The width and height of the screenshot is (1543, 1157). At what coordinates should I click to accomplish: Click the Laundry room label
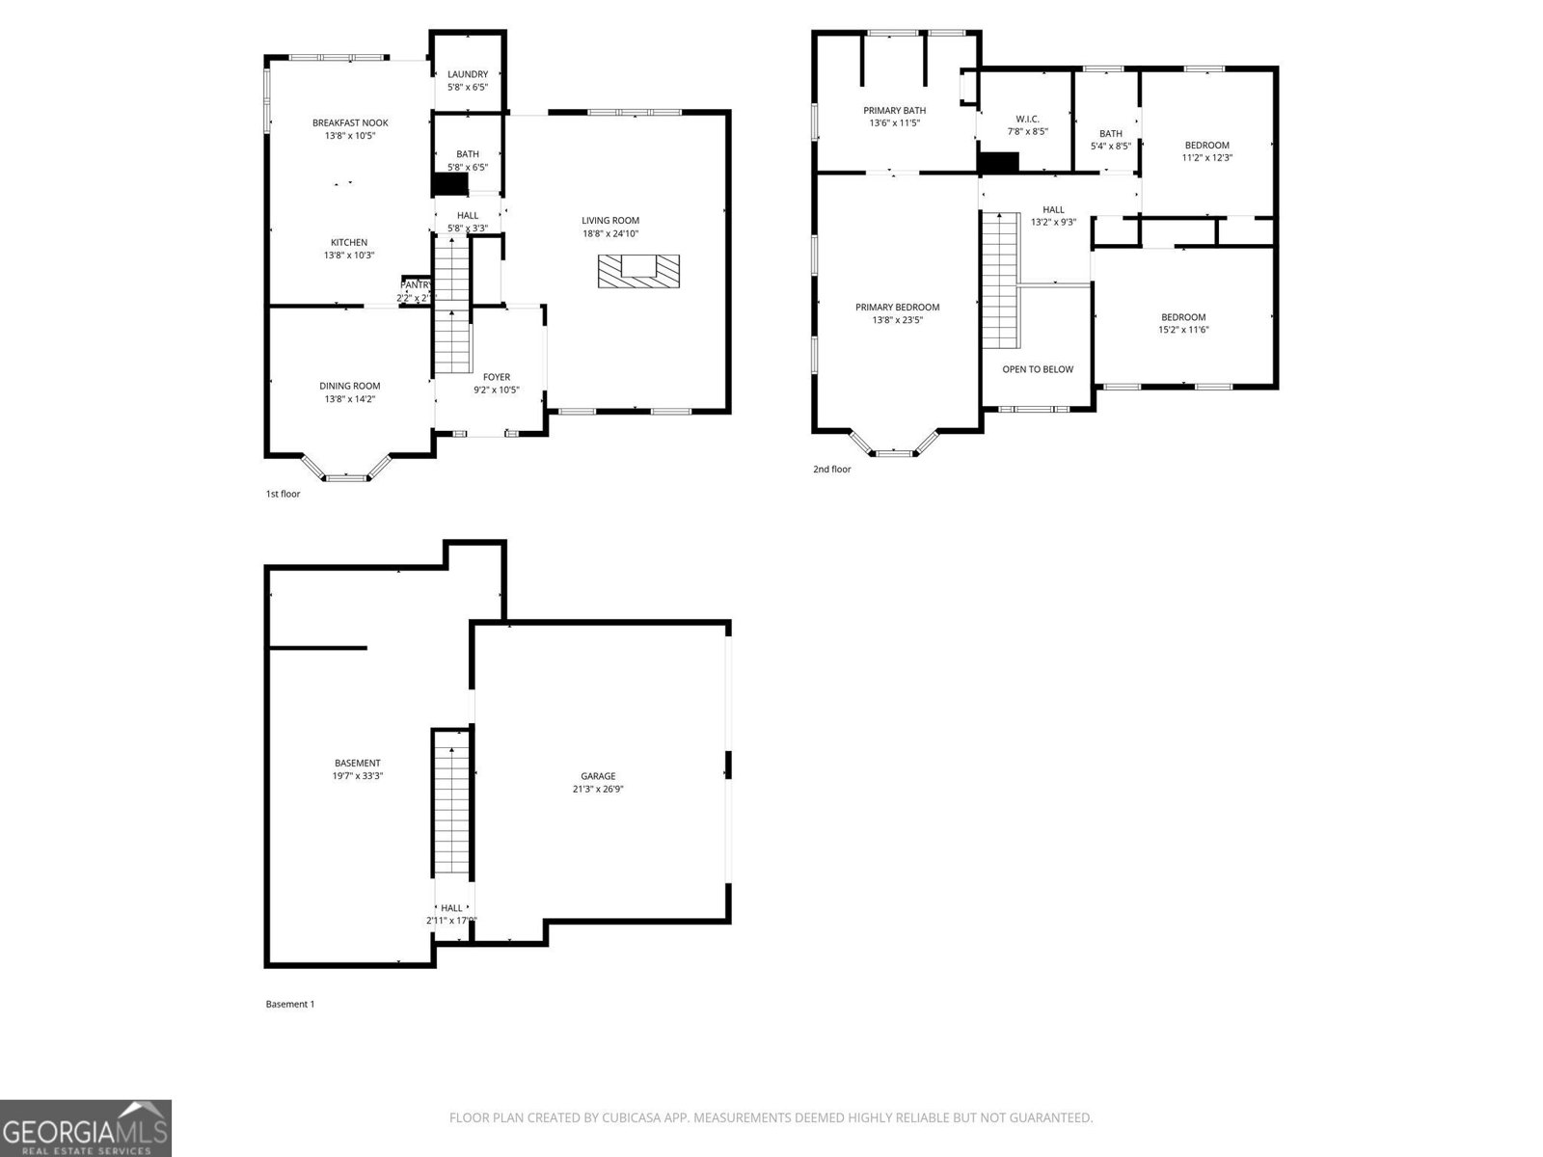(468, 74)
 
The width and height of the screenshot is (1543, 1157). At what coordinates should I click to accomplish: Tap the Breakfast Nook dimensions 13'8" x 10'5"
(350, 136)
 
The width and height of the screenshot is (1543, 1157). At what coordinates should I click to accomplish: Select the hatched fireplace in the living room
(638, 271)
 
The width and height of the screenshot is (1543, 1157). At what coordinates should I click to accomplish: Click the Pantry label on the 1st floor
(416, 285)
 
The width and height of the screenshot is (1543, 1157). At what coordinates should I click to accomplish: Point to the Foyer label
(497, 377)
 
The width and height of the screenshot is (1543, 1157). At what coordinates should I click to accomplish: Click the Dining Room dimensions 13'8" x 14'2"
(350, 398)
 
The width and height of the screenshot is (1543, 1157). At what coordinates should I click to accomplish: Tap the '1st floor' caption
(283, 494)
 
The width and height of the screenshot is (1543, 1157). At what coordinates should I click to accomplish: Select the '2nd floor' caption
(831, 470)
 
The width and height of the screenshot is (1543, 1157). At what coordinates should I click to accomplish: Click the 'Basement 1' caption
(289, 1004)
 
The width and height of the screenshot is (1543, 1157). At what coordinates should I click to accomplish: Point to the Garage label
(598, 776)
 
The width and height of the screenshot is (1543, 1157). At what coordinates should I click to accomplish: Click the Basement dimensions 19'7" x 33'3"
(358, 775)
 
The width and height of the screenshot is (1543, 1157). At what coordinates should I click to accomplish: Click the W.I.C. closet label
(1027, 119)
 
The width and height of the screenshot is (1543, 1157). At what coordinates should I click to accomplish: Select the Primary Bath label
(894, 110)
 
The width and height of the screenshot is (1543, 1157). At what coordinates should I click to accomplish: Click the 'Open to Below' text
(1037, 369)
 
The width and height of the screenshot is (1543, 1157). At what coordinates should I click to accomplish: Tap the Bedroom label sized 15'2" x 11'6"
(1183, 317)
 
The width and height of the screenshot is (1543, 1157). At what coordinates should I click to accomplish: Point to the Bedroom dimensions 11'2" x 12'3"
(1207, 157)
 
